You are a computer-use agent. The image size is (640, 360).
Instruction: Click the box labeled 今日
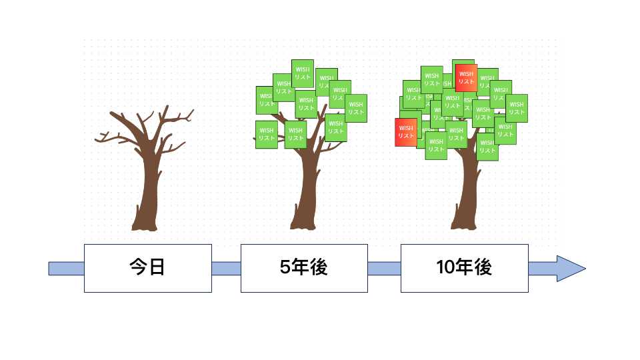[147, 268]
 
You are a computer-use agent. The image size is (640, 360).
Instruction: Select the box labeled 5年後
[304, 268]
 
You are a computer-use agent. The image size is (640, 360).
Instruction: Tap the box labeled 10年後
[464, 268]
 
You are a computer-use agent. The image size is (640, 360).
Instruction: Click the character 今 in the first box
[137, 268]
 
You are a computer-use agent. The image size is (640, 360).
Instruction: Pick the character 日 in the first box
[157, 268]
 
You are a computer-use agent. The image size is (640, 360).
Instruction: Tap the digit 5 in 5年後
[285, 268]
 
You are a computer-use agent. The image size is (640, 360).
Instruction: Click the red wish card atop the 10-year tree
[466, 77]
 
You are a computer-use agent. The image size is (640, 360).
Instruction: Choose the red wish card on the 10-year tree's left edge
[405, 131]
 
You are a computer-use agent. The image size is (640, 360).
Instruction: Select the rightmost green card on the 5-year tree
[356, 108]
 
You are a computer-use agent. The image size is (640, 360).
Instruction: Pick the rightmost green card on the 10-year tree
[517, 108]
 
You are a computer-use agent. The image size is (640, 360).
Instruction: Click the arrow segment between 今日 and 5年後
[226, 269]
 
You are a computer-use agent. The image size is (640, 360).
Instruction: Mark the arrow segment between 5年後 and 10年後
[384, 269]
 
